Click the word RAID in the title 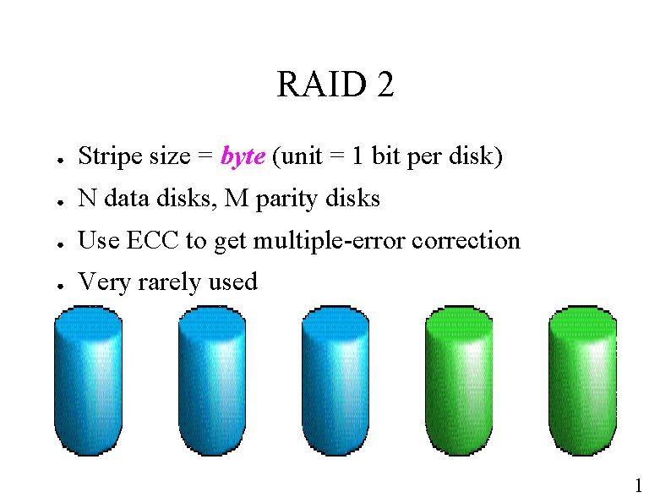(317, 85)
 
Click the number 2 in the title (385, 85)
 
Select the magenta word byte (243, 157)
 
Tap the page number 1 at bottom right (639, 485)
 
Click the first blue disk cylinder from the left (88, 380)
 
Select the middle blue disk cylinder (211, 380)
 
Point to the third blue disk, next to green (335, 380)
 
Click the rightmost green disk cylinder (582, 380)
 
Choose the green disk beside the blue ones (459, 380)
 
